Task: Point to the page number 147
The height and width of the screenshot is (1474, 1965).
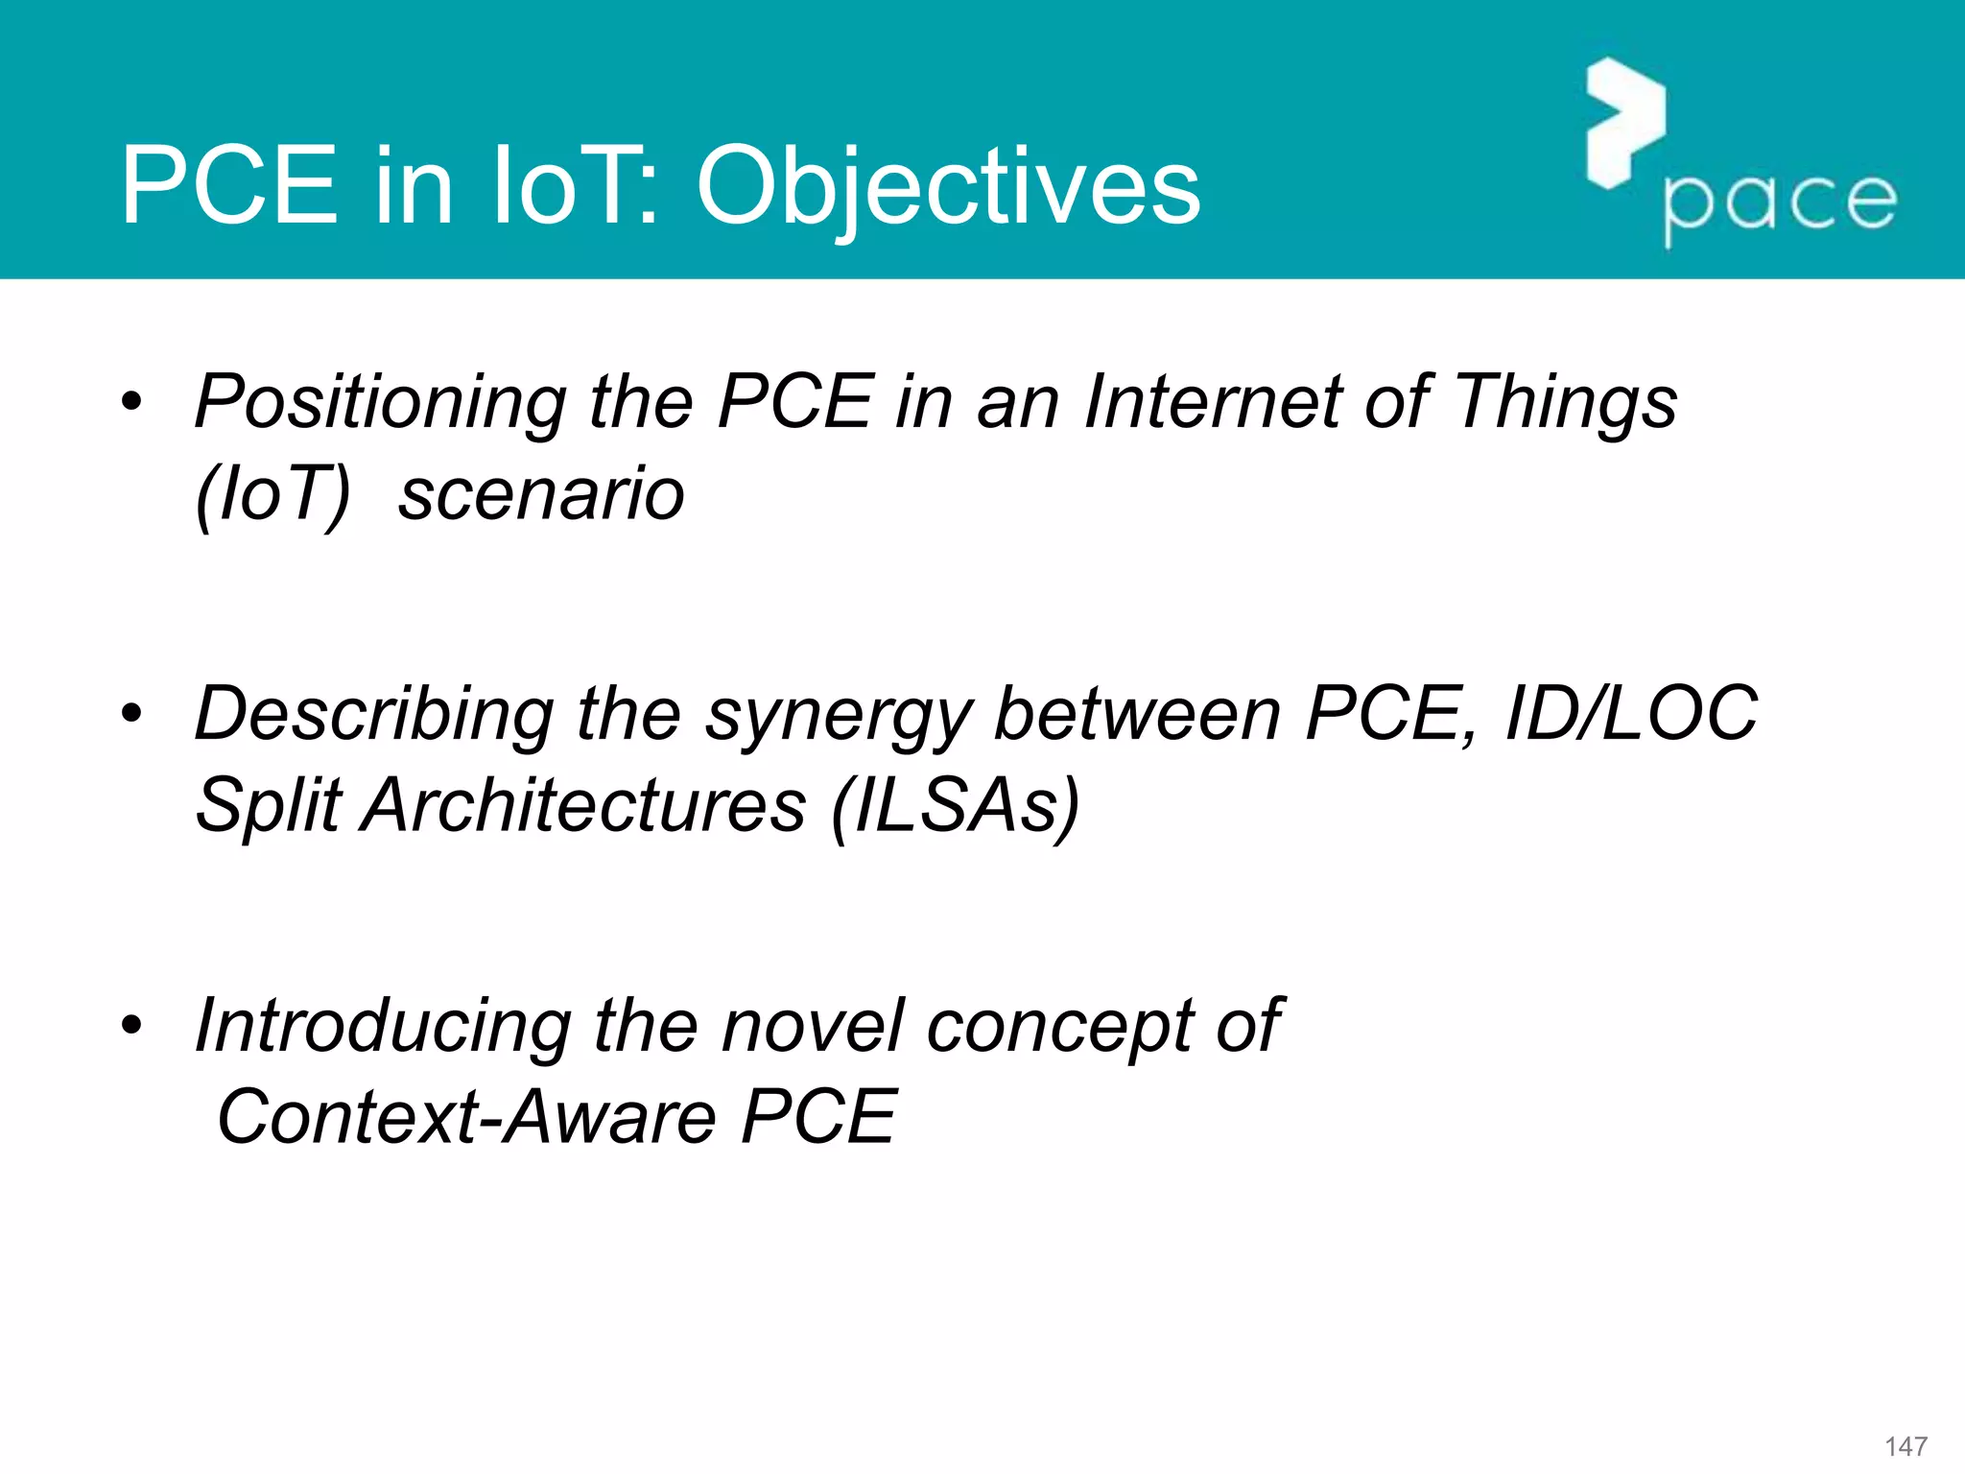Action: pos(1906,1446)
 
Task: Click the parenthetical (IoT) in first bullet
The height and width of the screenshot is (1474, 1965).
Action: pos(272,495)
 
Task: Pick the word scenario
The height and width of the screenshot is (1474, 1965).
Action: pos(541,495)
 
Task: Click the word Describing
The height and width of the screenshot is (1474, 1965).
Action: pos(374,716)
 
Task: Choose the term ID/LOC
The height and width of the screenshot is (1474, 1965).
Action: pos(1631,714)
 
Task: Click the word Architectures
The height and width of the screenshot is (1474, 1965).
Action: pos(585,806)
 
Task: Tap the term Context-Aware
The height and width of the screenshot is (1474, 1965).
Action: pos(466,1119)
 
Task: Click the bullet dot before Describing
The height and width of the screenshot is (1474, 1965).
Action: pos(131,714)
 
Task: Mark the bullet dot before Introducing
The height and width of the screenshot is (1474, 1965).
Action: pos(131,1025)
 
